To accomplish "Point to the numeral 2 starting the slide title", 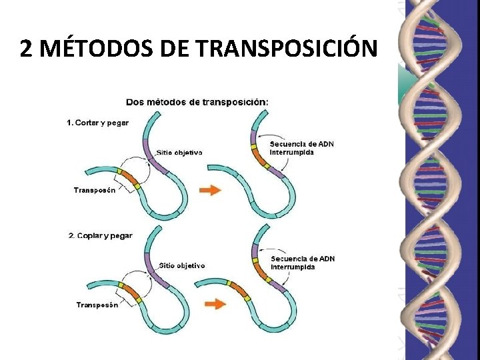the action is pyautogui.click(x=25, y=48).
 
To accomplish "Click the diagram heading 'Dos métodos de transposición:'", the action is pyautogui.click(x=198, y=102).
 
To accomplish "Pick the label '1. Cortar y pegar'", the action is pyautogui.click(x=98, y=123).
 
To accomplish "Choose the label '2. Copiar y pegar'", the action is pyautogui.click(x=101, y=235).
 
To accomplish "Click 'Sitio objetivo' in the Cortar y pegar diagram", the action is pyautogui.click(x=179, y=152).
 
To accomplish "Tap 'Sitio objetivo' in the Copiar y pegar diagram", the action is pyautogui.click(x=182, y=265).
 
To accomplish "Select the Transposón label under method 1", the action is pyautogui.click(x=95, y=190).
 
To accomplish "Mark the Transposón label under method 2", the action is pyautogui.click(x=97, y=305).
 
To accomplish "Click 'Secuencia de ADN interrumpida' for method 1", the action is pyautogui.click(x=301, y=147).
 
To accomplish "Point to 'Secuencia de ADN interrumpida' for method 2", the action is pyautogui.click(x=303, y=262).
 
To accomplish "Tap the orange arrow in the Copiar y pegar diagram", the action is pyautogui.click(x=213, y=304).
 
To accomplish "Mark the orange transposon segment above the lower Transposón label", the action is pyautogui.click(x=130, y=291).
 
